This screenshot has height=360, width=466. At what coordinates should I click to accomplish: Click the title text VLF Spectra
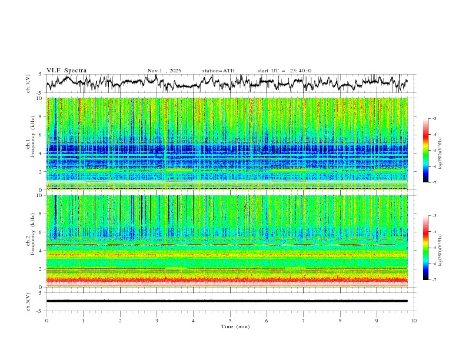click(x=66, y=71)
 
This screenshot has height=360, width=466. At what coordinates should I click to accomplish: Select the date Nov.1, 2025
click(x=164, y=71)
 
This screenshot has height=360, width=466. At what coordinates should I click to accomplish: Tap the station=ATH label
click(x=218, y=71)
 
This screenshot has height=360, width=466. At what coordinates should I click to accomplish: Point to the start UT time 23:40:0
click(x=300, y=71)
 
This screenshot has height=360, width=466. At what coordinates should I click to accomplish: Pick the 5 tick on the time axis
click(x=230, y=320)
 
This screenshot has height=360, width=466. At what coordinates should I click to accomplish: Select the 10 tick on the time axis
click(x=414, y=320)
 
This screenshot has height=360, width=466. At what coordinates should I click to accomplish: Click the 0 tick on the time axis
click(x=46, y=320)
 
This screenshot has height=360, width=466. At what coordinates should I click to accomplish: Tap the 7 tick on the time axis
click(x=304, y=320)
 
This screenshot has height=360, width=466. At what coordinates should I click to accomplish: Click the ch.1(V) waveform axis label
click(x=28, y=84)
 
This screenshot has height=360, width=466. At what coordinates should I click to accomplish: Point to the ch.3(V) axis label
click(x=28, y=301)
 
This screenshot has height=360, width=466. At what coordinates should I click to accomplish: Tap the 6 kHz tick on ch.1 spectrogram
click(x=40, y=135)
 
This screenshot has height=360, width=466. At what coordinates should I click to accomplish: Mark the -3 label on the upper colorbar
click(x=434, y=119)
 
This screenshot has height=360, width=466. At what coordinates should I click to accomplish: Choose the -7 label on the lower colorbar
click(x=434, y=280)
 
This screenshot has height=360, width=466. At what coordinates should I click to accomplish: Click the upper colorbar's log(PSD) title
click(x=441, y=151)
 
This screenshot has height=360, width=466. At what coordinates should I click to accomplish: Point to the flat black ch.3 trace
click(x=229, y=301)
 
